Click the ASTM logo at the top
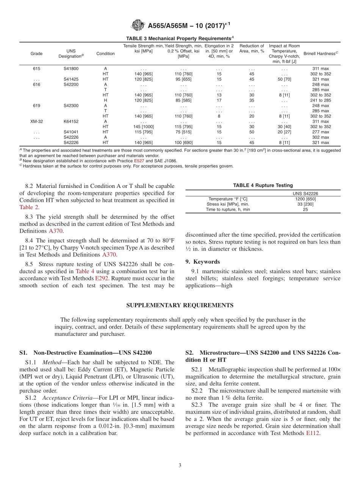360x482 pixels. [138, 25]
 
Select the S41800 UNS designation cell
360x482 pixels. [71, 69]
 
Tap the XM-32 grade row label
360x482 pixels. [37, 121]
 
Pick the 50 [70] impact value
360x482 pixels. [284, 79]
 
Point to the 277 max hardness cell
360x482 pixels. [321, 132]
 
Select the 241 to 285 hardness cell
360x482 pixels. [321, 100]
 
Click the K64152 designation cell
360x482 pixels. [71, 121]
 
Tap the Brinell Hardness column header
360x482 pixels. [321, 53]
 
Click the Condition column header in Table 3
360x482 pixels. [105, 53]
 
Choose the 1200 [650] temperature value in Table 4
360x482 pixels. [305, 199]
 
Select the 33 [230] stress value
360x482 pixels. [305, 204]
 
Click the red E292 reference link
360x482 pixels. [101, 278]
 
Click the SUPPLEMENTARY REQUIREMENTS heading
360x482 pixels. [180, 305]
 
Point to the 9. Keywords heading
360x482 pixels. [202, 262]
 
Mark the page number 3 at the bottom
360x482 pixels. [180, 465]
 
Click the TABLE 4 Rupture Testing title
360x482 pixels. [263, 185]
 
